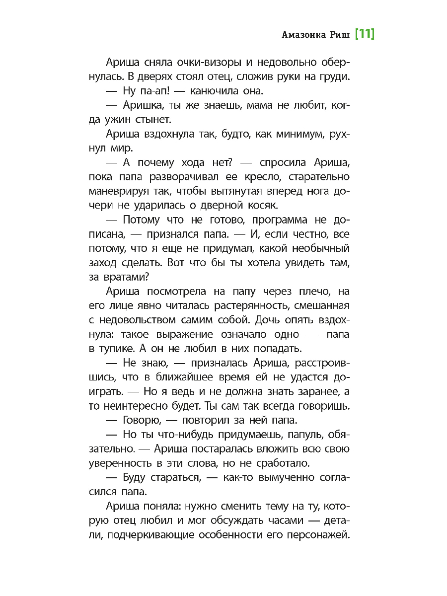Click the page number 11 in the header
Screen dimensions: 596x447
[x=365, y=34]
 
